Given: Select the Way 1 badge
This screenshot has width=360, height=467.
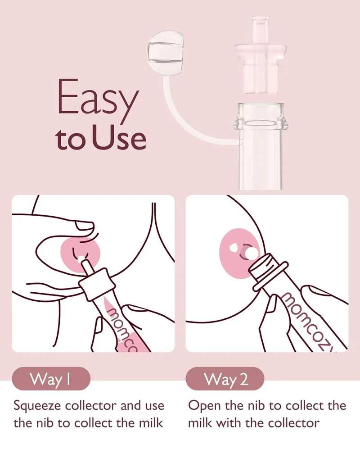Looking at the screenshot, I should coord(51,379).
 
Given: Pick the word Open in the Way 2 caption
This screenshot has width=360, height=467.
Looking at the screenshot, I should coord(203,405).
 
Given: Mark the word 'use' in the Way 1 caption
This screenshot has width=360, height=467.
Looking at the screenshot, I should coord(154,406).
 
